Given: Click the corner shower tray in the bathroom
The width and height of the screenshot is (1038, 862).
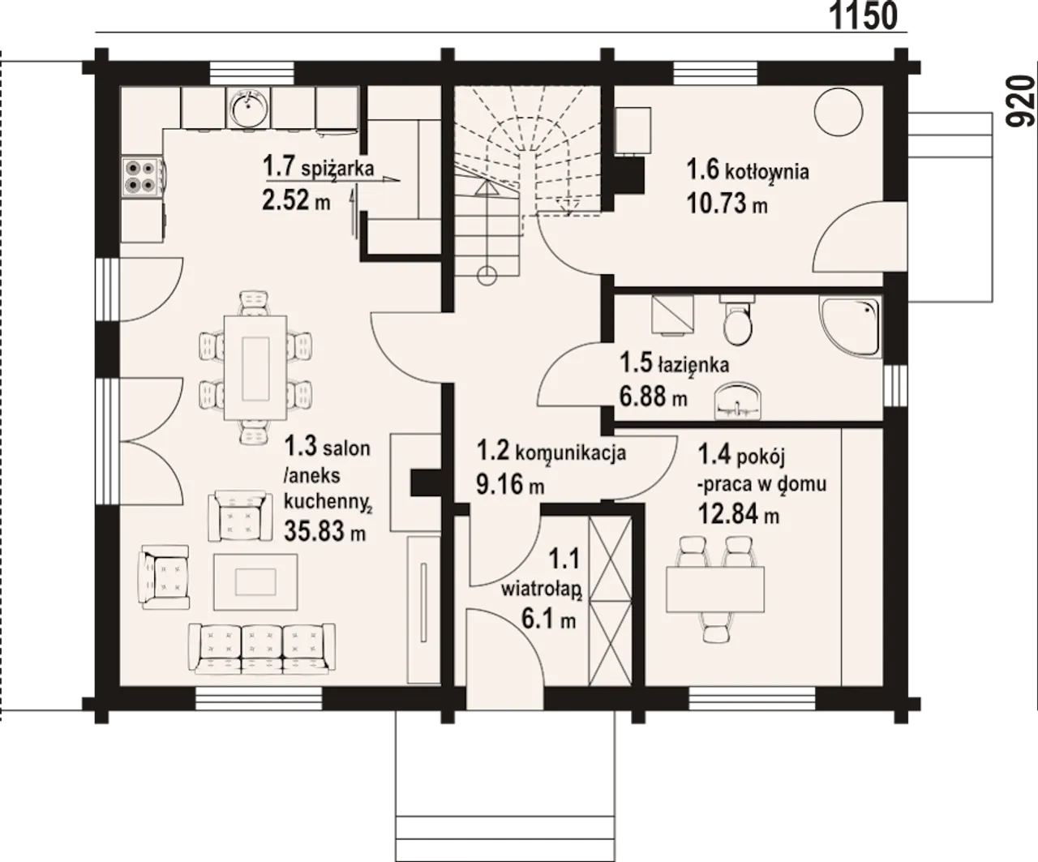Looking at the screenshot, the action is click(x=850, y=327).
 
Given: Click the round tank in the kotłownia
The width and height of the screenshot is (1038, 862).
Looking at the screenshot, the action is click(x=839, y=111).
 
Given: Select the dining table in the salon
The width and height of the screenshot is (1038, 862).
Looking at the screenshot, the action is click(x=255, y=367).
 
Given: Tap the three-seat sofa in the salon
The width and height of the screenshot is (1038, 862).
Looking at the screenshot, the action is click(x=261, y=648).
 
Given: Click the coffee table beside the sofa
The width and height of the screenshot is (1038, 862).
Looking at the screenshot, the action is click(x=255, y=582).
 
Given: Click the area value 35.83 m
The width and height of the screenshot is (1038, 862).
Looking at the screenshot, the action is click(x=324, y=531).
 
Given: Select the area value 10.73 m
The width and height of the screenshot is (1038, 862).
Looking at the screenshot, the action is click(x=727, y=204).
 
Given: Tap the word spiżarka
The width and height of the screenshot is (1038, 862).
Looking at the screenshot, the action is click(x=337, y=169).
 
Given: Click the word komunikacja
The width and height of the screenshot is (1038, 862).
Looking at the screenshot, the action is click(x=570, y=453).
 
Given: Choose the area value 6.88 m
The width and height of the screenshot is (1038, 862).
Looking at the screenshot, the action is click(x=654, y=397).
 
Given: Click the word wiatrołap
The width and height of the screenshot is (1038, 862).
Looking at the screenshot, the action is click(x=542, y=590).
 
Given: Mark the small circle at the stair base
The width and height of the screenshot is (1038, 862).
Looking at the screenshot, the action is click(x=487, y=275).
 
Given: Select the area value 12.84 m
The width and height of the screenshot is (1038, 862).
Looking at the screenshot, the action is click(x=738, y=513).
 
